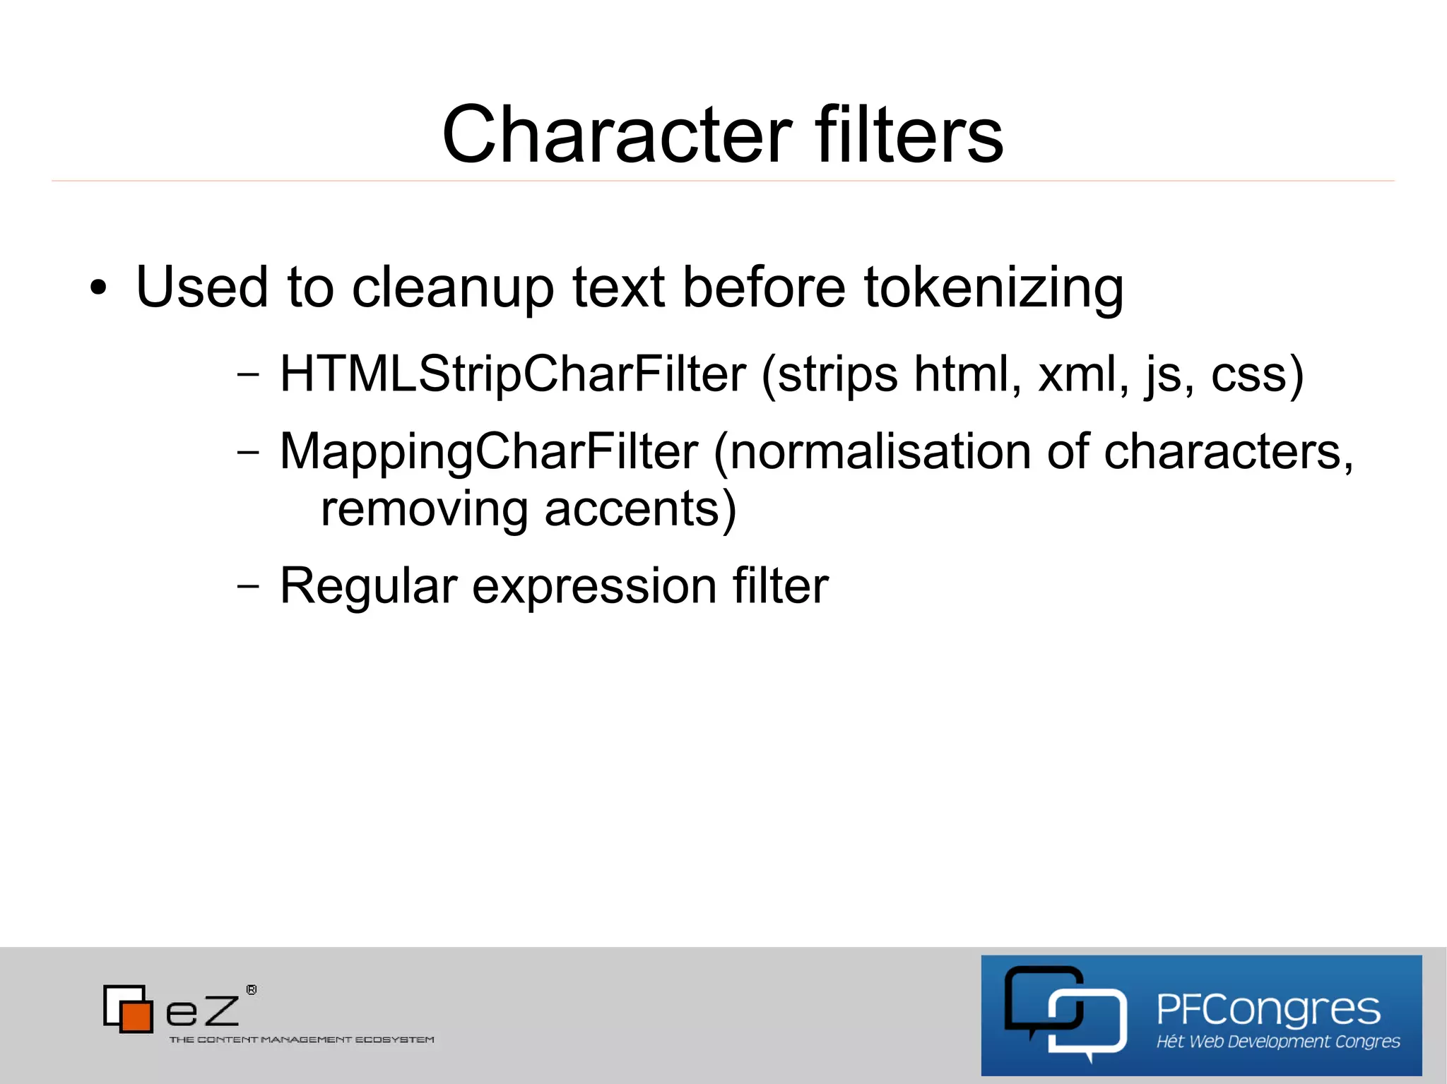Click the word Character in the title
(x=617, y=134)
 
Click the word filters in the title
(x=909, y=134)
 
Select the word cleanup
(x=452, y=288)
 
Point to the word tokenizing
(x=993, y=288)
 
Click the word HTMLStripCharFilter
(x=513, y=374)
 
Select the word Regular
(x=369, y=585)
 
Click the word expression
(x=595, y=585)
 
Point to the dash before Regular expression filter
(x=248, y=585)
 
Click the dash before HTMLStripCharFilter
(x=248, y=374)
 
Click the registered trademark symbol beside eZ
(x=252, y=990)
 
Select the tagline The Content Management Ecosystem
(x=302, y=1040)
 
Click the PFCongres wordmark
(x=1268, y=1009)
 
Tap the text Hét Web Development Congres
(x=1278, y=1042)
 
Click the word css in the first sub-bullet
(x=1249, y=374)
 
